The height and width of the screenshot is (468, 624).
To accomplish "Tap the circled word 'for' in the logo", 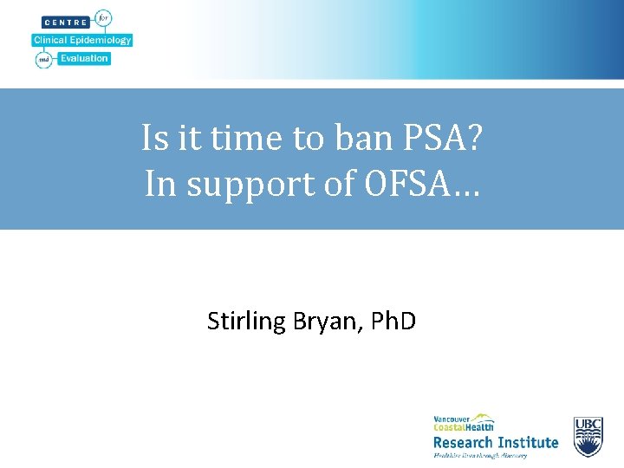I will pyautogui.click(x=104, y=18).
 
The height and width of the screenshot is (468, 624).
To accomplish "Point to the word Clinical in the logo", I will pyautogui.click(x=51, y=40).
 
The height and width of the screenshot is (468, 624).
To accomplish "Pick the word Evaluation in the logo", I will pyautogui.click(x=84, y=59).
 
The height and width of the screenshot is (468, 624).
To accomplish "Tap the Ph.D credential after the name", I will pyautogui.click(x=393, y=322).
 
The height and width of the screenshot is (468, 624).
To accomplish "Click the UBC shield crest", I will pyautogui.click(x=588, y=437).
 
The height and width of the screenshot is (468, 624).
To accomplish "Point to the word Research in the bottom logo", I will pyautogui.click(x=464, y=443).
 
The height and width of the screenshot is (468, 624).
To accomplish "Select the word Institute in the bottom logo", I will pyautogui.click(x=528, y=443).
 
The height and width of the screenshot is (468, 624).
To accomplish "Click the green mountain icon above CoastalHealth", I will pyautogui.click(x=482, y=418).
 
